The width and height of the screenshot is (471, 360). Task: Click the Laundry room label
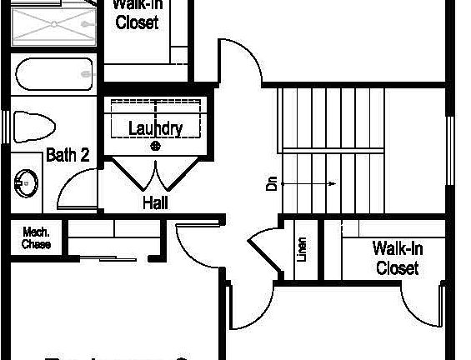tap(155, 128)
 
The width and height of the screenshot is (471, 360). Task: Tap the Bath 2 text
tap(67, 154)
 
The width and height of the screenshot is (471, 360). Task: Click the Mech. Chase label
tap(36, 238)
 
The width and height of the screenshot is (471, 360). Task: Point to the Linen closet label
tap(302, 249)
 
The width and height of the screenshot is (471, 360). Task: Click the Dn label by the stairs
tap(272, 183)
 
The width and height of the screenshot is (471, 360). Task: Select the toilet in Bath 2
tap(33, 127)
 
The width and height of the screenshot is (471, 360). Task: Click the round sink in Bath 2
tap(27, 182)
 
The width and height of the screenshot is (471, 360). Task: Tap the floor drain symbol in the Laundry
tap(155, 146)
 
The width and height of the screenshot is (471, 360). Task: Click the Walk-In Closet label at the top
tap(137, 14)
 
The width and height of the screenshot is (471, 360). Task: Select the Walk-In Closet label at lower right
tap(397, 257)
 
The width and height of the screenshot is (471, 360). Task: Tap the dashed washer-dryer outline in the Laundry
tap(155, 117)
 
